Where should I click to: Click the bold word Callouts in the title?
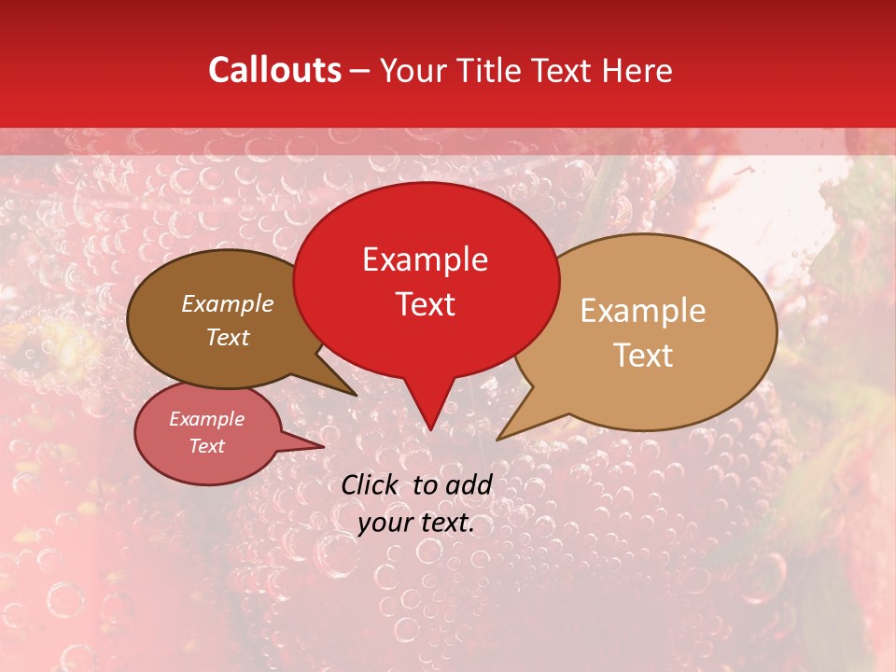coord(274,70)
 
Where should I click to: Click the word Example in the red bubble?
coord(425,259)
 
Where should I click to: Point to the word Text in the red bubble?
coord(425,304)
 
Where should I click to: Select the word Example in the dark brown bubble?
coord(228,303)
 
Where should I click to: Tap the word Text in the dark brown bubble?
coord(228,337)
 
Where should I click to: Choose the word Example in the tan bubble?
coord(643,311)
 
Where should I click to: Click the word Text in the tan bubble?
coord(643,356)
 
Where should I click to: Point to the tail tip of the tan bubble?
coord(498,439)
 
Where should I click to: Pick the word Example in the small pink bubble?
coord(206,419)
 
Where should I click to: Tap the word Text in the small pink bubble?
coord(206,446)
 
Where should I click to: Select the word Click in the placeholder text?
coord(371,484)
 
